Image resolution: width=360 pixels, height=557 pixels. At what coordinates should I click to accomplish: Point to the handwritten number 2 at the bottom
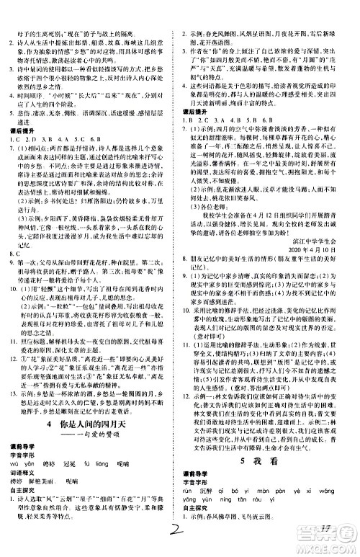point(175,535)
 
